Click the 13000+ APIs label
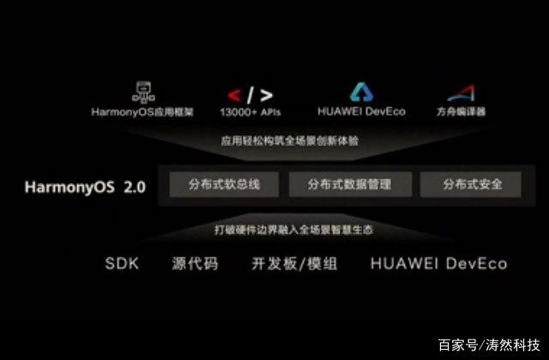coord(250,111)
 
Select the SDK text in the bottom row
coord(121,264)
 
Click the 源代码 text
coord(195,264)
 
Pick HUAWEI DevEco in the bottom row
coord(438,264)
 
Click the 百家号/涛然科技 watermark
coord(489,345)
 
